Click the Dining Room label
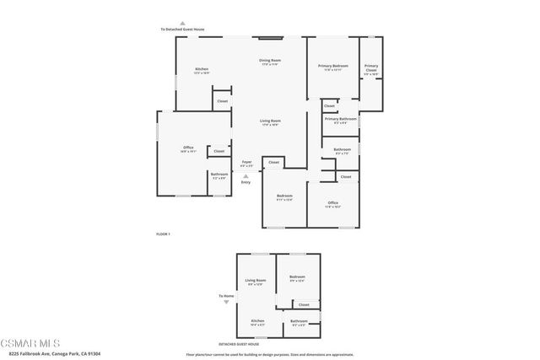click(x=269, y=61)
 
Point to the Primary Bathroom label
click(x=341, y=119)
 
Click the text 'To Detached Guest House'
click(x=182, y=30)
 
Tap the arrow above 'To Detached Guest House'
click(x=182, y=23)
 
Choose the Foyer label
click(x=246, y=162)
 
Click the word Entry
click(x=246, y=182)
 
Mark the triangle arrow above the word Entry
click(x=246, y=175)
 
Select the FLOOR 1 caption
click(x=164, y=234)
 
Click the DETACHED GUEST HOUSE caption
click(x=239, y=344)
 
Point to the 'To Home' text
click(x=225, y=296)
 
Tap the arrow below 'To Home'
click(x=225, y=302)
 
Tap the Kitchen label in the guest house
click(x=256, y=321)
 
